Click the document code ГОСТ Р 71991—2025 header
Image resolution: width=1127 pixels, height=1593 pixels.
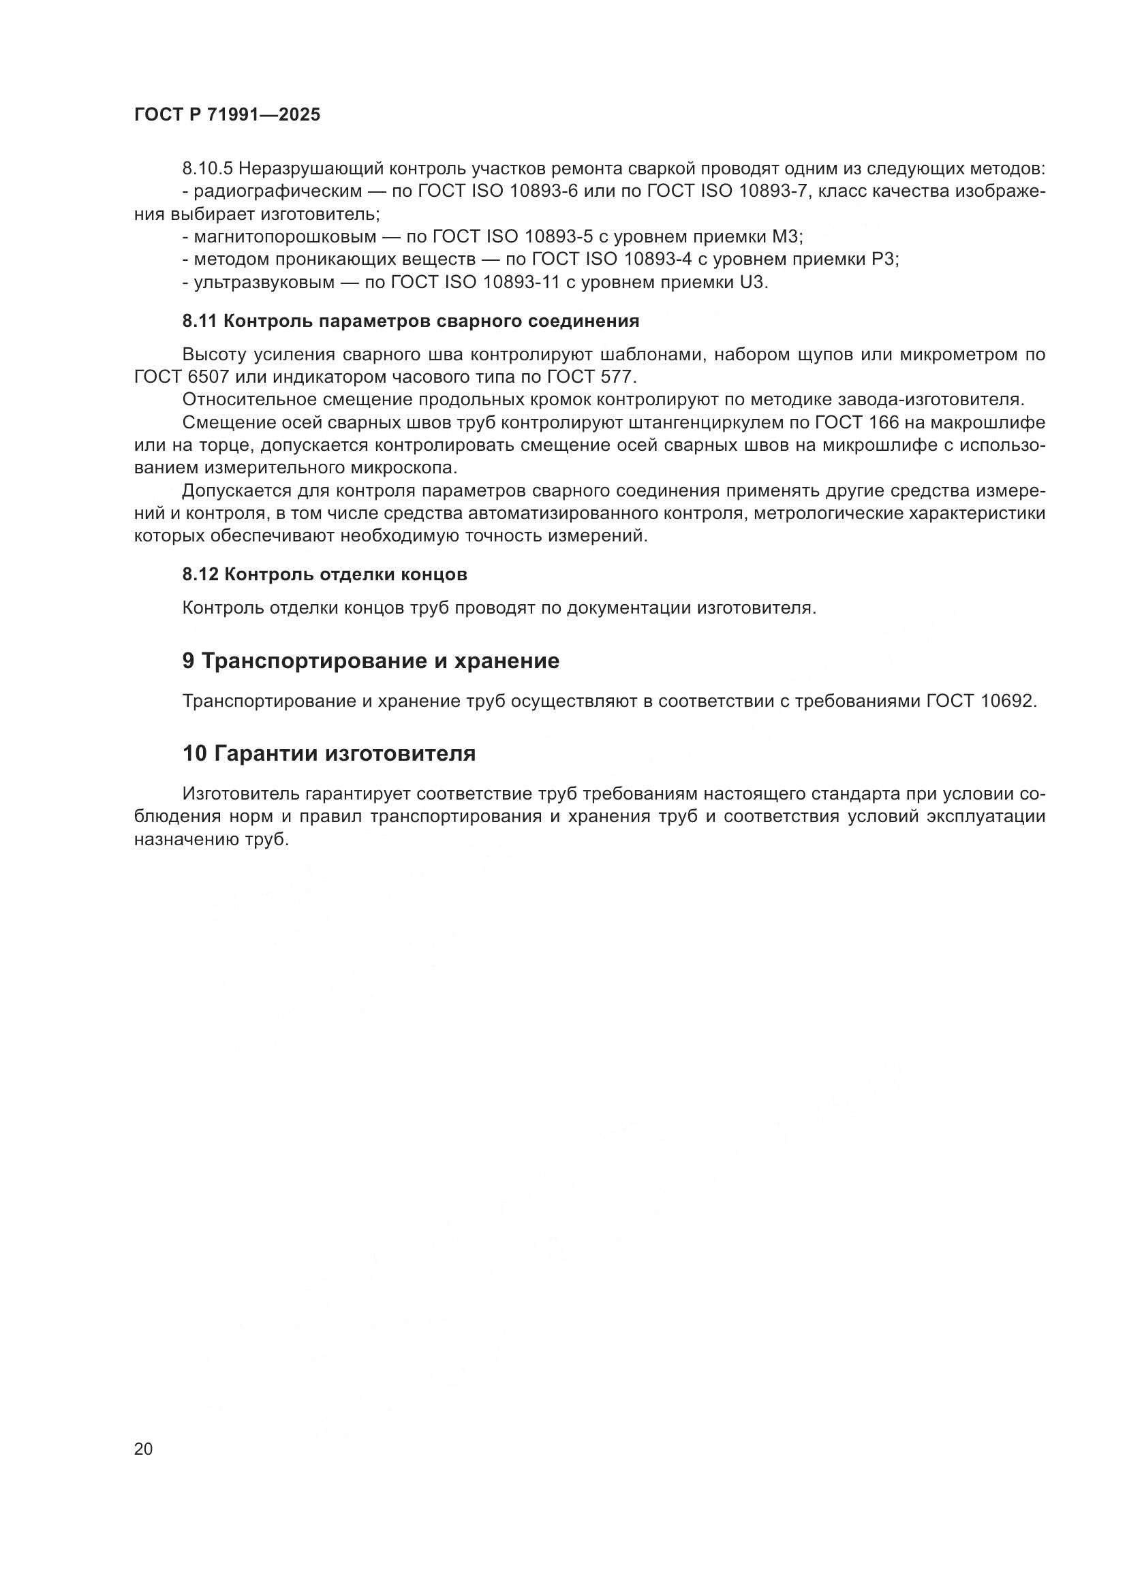227,115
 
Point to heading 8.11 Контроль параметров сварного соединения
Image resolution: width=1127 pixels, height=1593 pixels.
410,321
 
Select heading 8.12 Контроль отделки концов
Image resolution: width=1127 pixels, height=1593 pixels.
324,575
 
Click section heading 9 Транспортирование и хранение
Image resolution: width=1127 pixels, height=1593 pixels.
371,661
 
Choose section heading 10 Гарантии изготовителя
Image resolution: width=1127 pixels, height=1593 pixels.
329,753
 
